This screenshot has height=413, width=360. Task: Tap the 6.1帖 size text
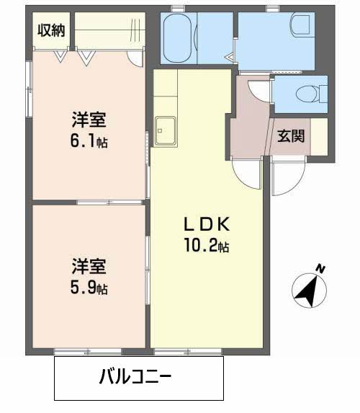click(x=89, y=142)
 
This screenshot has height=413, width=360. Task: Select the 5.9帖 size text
click(x=89, y=288)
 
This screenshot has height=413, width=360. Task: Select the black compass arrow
click(x=307, y=290)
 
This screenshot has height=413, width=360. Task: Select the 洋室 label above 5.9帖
click(x=89, y=266)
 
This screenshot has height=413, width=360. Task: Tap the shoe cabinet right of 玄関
click(x=318, y=135)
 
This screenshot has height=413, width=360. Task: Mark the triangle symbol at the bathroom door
click(x=228, y=55)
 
